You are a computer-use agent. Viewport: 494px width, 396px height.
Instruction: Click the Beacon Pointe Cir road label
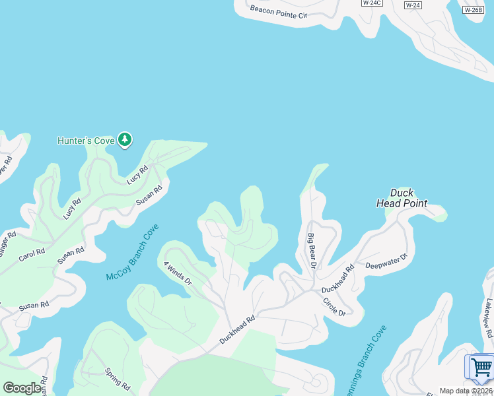click(279, 11)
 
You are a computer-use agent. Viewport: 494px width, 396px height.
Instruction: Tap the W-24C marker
click(371, 3)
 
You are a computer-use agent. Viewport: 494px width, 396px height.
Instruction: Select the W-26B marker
click(472, 10)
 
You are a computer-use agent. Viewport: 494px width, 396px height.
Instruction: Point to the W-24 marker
click(412, 5)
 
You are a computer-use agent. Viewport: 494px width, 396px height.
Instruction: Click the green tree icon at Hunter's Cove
click(125, 139)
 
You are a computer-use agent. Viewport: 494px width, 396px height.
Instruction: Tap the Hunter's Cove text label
click(86, 141)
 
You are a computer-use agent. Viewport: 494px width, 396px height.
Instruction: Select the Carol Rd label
click(32, 253)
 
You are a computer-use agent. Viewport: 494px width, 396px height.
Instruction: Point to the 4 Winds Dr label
click(178, 273)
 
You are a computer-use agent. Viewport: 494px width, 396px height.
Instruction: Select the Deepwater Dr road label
click(388, 261)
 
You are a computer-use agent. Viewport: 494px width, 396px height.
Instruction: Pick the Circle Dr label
click(334, 306)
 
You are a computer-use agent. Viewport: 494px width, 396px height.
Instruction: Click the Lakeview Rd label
click(488, 317)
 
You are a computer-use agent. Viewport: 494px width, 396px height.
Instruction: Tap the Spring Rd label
click(118, 381)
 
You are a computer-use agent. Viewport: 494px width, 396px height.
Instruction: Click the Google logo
click(22, 388)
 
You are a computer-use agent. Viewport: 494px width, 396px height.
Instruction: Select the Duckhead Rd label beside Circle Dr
click(338, 280)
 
